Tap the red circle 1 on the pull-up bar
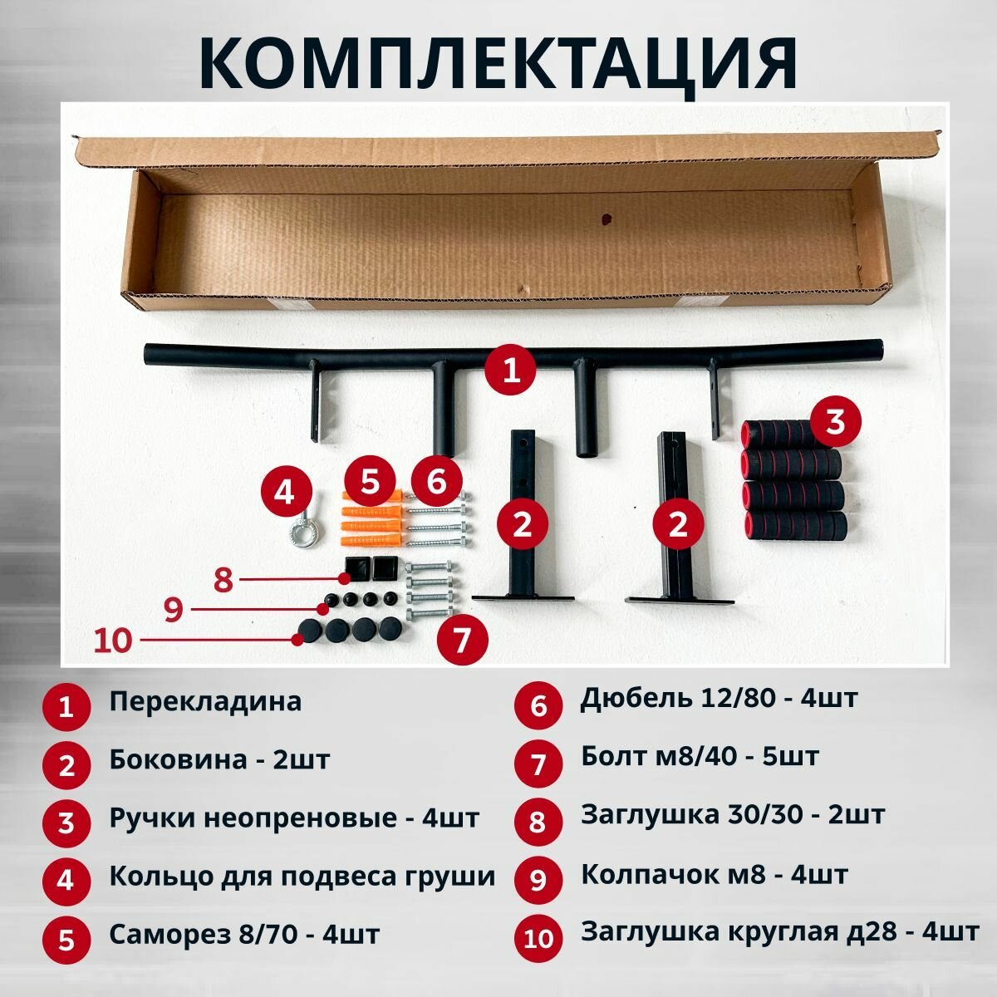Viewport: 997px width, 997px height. (513, 370)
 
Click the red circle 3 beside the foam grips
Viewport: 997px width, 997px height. (834, 422)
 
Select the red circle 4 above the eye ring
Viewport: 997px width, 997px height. (284, 493)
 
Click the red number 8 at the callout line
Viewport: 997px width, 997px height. (223, 579)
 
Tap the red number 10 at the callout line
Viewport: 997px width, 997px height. (113, 641)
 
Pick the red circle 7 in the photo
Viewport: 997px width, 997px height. (463, 640)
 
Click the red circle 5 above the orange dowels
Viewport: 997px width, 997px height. (370, 480)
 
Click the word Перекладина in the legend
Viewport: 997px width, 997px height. (205, 701)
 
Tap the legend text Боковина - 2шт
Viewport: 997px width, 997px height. (219, 759)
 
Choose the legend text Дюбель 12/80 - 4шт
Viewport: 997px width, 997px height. (719, 698)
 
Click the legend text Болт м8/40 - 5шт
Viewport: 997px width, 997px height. (700, 756)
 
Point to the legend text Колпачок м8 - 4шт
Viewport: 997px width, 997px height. (714, 875)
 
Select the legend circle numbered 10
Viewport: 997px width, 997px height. (538, 939)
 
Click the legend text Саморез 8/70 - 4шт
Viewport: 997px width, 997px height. (244, 934)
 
